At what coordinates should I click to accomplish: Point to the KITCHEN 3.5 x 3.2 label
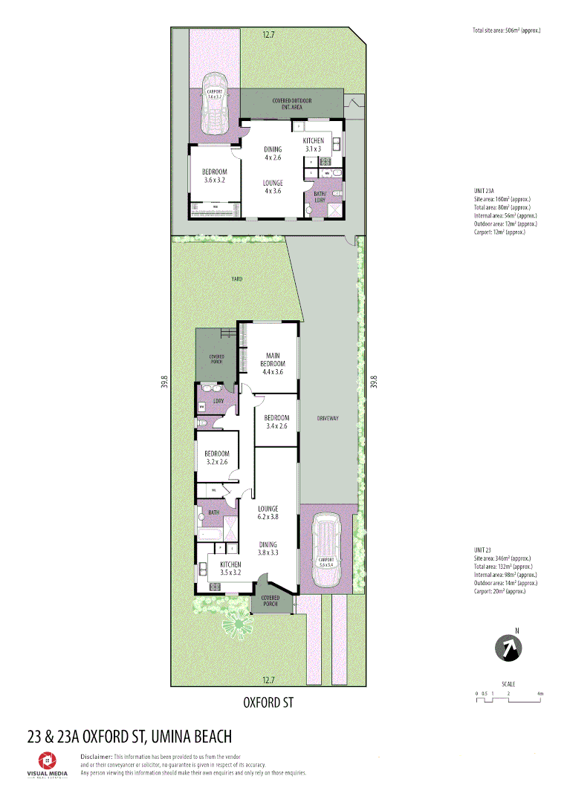pos(230,569)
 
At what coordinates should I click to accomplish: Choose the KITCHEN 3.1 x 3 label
pos(313,145)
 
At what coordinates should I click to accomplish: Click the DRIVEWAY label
pos(327,418)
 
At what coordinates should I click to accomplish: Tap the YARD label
pos(237,279)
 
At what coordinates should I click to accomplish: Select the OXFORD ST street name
pos(268,702)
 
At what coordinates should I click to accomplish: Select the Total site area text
pos(506,30)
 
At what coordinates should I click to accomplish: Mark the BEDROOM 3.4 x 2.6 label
pos(277,422)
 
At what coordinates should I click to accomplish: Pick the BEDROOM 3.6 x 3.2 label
pos(214,175)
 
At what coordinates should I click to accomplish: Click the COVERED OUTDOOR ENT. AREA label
pos(291,104)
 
